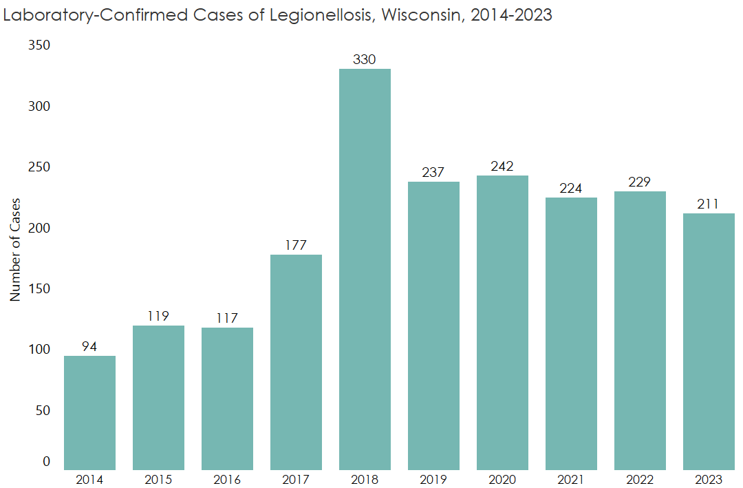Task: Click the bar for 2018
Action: (x=365, y=268)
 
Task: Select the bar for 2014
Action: (x=89, y=413)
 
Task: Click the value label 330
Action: (x=365, y=60)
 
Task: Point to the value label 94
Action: (x=89, y=347)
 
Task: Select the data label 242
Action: (x=502, y=167)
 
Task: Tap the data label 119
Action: (x=158, y=317)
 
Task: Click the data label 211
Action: (x=709, y=204)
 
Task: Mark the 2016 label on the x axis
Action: (x=227, y=480)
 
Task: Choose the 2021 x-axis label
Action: (x=571, y=480)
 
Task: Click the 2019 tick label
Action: (x=433, y=480)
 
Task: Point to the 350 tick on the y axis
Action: (x=39, y=45)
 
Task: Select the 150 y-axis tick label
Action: (x=39, y=288)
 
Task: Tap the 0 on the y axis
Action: (x=47, y=462)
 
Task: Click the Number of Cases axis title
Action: (x=15, y=249)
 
